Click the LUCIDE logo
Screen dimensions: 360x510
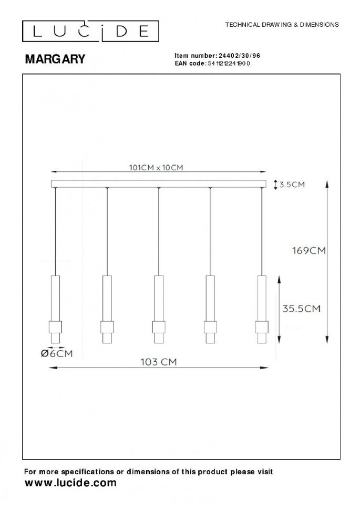click(x=90, y=31)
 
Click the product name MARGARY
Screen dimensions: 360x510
click(x=55, y=59)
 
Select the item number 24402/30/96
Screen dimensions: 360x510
click(x=239, y=56)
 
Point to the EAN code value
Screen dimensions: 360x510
click(x=229, y=64)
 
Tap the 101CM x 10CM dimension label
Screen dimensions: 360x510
click(x=156, y=168)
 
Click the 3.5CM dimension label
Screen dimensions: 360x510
click(x=292, y=185)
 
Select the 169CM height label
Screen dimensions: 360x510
click(x=308, y=250)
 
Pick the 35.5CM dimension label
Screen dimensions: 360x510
click(x=302, y=308)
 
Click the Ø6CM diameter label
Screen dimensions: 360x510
click(x=57, y=353)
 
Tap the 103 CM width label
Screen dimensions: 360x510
click(x=158, y=362)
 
